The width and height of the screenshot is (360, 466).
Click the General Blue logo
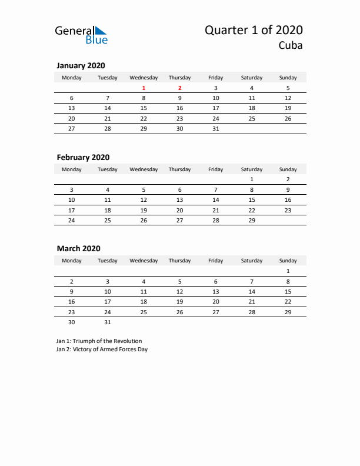tap(81, 34)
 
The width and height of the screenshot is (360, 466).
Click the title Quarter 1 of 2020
tap(254, 30)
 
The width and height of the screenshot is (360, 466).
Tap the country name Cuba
tap(291, 46)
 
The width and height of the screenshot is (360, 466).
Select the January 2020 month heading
tap(81, 66)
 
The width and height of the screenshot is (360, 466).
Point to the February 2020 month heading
tap(83, 158)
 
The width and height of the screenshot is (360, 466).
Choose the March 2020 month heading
tap(78, 249)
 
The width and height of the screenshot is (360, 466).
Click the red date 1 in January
tap(144, 88)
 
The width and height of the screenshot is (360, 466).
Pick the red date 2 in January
tap(179, 88)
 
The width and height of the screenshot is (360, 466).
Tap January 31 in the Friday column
tap(216, 128)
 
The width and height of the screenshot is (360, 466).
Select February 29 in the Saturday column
tap(252, 220)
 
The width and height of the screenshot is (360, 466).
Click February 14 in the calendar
tap(216, 200)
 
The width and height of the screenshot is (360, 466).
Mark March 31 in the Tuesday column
tap(108, 322)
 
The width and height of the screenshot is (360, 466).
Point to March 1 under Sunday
tap(288, 271)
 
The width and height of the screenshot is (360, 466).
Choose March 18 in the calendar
tap(144, 301)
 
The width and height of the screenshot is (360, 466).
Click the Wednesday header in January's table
tap(144, 78)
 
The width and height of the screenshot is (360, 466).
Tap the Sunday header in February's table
tap(288, 169)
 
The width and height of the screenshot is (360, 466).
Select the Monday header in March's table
tap(72, 261)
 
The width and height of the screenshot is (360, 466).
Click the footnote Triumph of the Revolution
tap(99, 341)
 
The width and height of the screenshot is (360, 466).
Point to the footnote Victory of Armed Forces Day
tap(102, 349)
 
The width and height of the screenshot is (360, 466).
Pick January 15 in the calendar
tap(144, 108)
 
